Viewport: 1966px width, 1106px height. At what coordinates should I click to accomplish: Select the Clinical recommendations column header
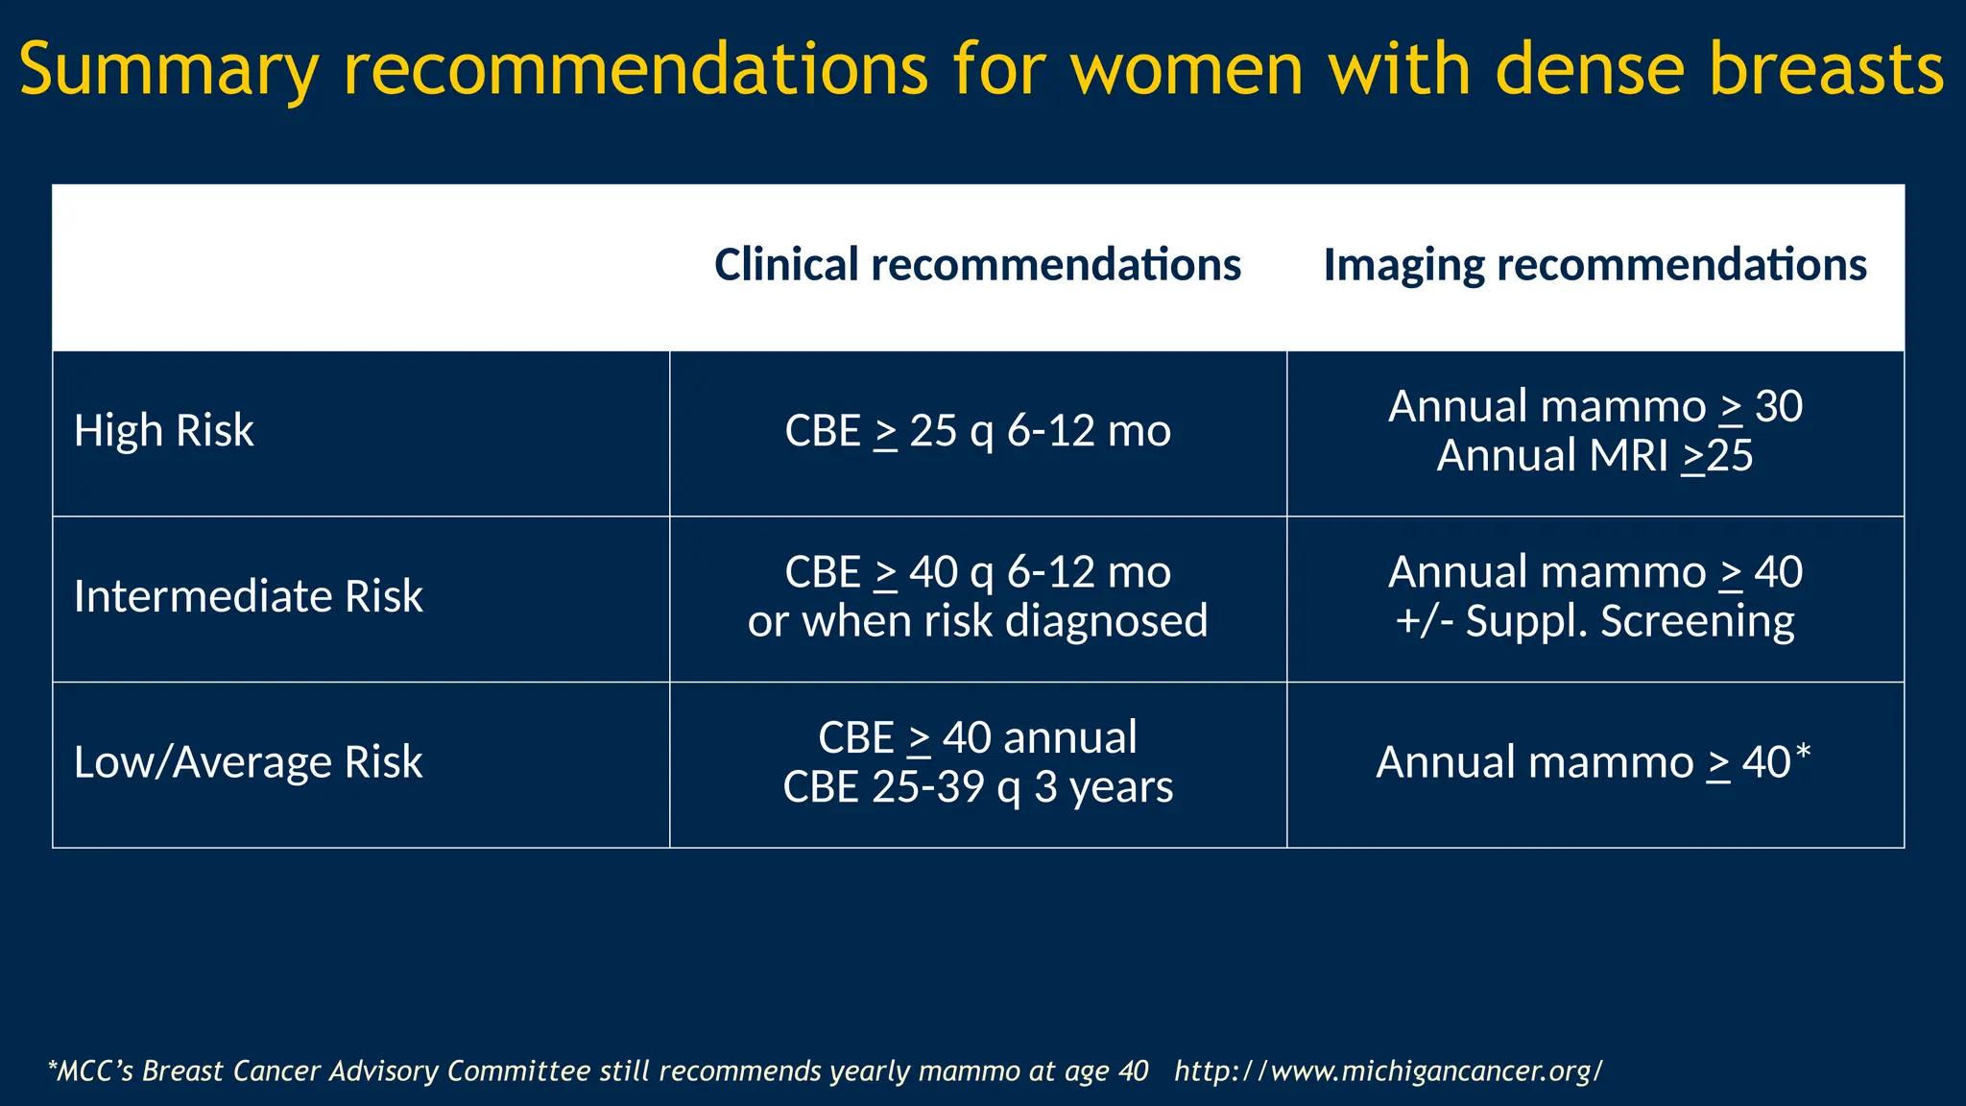point(977,265)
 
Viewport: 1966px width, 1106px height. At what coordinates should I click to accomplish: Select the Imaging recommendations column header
point(1594,265)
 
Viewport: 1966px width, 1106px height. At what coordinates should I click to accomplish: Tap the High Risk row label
point(164,431)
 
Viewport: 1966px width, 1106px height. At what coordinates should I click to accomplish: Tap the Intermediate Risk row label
point(248,597)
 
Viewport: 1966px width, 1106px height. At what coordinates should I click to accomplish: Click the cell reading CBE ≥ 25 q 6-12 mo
point(977,431)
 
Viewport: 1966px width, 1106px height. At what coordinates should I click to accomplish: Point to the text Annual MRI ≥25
point(1594,456)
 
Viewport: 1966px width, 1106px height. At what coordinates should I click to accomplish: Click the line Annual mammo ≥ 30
point(1594,406)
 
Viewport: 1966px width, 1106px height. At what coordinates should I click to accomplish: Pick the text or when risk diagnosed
point(977,622)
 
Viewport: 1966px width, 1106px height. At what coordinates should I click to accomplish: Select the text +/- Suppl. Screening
point(1594,622)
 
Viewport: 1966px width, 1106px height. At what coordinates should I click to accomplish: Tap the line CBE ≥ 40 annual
point(977,738)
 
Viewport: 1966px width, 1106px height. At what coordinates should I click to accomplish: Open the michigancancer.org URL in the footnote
point(1388,1071)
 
